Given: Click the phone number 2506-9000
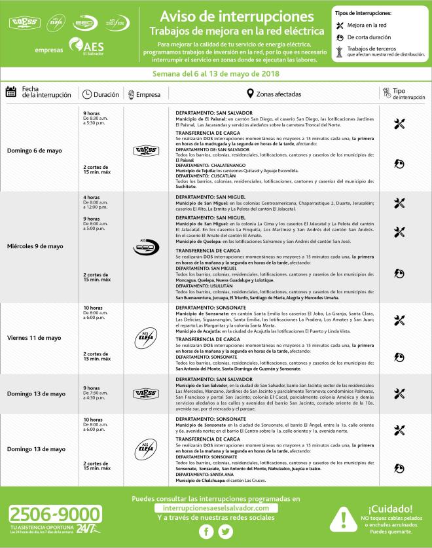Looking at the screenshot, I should coord(56,513).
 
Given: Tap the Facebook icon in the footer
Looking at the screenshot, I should coord(206,532).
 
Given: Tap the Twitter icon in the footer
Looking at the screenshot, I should coord(226,532).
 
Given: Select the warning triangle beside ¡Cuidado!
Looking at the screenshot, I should coord(343,519).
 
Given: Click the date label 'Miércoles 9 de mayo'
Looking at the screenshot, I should coord(35,246).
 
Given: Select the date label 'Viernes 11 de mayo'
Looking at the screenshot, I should coord(34,338).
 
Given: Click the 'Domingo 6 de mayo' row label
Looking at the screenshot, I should coord(35,150).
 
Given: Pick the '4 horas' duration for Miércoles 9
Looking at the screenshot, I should coord(92,198).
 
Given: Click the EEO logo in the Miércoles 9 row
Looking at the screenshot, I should coord(147,248).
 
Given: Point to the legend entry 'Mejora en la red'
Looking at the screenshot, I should coord(370,24).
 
